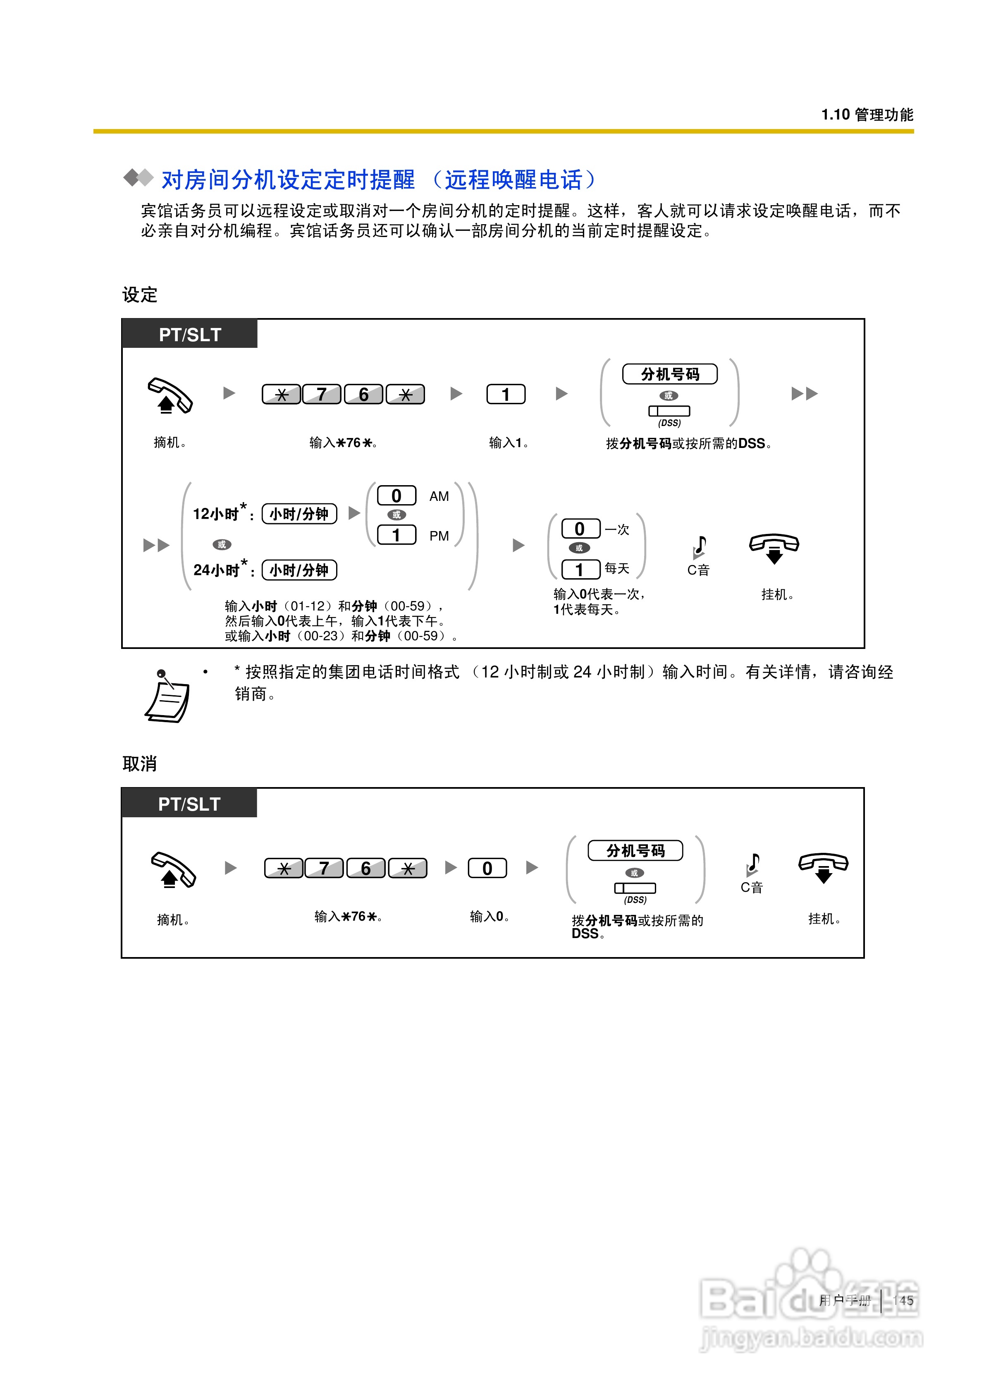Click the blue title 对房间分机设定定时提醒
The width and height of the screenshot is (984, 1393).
[x=288, y=180]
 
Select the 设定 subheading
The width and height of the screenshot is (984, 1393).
[x=139, y=295]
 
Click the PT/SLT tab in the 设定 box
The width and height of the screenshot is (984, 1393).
[x=190, y=334]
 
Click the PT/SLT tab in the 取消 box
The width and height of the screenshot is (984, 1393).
[x=189, y=804]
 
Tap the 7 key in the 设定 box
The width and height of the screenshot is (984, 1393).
[x=322, y=394]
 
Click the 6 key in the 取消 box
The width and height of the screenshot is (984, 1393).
[x=366, y=868]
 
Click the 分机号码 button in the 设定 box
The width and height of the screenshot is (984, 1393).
[x=670, y=374]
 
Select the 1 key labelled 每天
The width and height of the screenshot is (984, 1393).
[x=580, y=569]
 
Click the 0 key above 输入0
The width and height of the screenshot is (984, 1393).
[x=487, y=868]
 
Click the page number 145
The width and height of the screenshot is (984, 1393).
[x=903, y=1300]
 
